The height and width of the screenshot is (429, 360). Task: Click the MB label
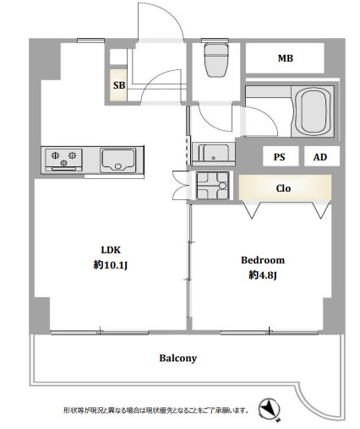(x=286, y=58)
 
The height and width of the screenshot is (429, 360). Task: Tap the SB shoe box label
(x=119, y=85)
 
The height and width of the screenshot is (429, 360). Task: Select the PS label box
(x=280, y=157)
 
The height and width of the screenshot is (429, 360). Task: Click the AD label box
(x=320, y=157)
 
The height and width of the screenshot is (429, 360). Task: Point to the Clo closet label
(x=283, y=188)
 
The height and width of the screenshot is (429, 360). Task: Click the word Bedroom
(x=263, y=260)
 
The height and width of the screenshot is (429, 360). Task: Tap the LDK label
(x=111, y=250)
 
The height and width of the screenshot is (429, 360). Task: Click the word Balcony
(x=178, y=358)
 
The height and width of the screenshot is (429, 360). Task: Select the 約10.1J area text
(x=111, y=265)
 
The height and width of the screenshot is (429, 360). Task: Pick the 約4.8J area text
(x=263, y=275)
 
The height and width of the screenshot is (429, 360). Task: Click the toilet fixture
(x=216, y=59)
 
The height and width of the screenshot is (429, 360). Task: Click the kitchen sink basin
(x=118, y=160)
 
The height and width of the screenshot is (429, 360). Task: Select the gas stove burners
(x=64, y=158)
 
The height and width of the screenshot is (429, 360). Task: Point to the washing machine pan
(x=212, y=186)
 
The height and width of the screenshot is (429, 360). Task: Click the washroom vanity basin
(x=213, y=153)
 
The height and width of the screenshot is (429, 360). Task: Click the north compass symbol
(x=270, y=409)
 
